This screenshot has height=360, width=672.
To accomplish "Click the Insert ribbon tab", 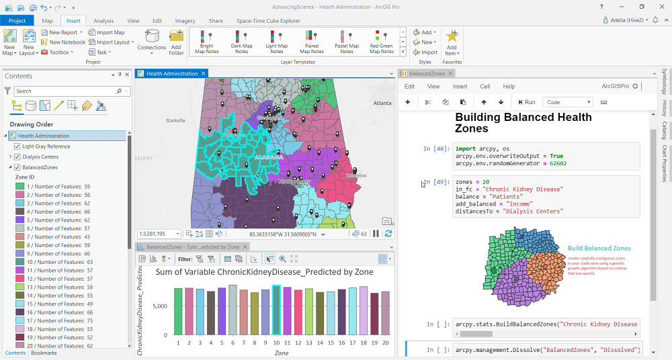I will (73, 21).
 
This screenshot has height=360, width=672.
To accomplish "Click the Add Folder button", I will (177, 42).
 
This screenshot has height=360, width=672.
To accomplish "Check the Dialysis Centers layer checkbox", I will (17, 157).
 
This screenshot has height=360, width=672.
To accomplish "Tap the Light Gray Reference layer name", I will (46, 146).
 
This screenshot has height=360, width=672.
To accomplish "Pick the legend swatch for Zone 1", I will (20, 187).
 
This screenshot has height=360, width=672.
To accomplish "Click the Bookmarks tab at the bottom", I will (44, 353).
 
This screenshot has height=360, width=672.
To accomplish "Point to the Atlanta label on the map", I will (382, 103).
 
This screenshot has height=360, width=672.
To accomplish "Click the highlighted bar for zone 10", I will (276, 310).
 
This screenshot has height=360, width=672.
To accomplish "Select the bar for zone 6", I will (233, 309).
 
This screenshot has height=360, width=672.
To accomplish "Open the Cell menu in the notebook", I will (485, 87).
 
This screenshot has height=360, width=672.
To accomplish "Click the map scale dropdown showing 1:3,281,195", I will (159, 234).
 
